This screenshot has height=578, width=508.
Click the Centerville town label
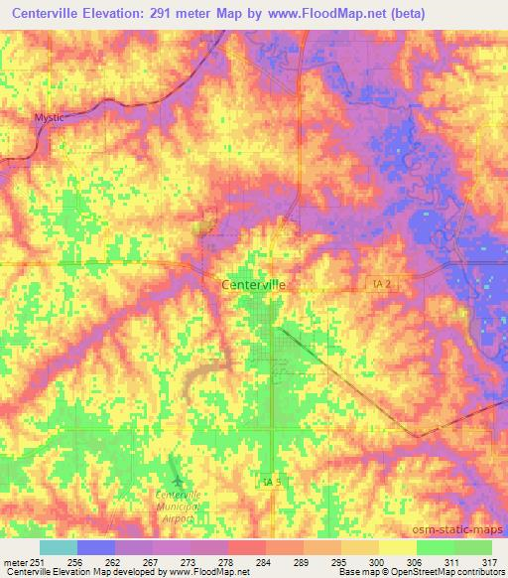tap(253, 283)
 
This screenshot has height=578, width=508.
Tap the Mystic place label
tap(49, 117)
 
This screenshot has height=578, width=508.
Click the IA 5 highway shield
tap(273, 482)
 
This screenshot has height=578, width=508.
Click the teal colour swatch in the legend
tap(59, 547)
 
